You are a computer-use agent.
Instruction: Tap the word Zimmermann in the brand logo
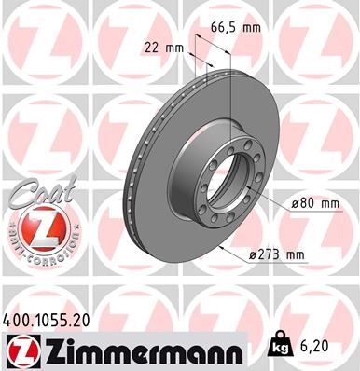coord(141,350)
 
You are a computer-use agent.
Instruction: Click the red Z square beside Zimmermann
coord(19,350)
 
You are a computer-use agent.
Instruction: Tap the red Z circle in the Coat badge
coord(34,227)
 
